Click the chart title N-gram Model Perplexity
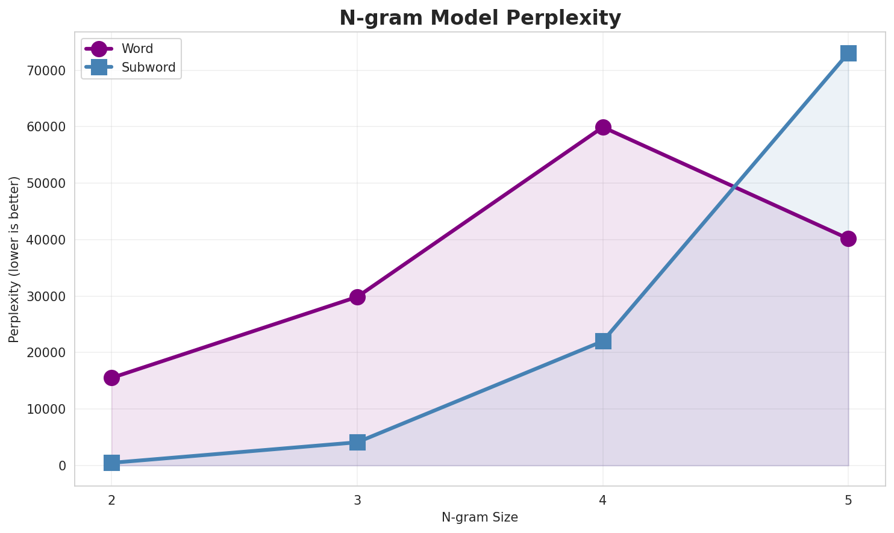(x=480, y=18)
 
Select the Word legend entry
(x=137, y=49)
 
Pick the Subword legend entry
(x=148, y=67)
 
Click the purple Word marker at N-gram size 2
(x=111, y=378)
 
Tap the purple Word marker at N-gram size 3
(x=357, y=297)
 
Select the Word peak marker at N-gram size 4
(x=603, y=127)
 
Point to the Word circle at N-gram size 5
(x=848, y=238)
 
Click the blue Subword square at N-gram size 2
(x=111, y=463)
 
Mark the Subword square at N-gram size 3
(x=357, y=442)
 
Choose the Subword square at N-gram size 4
(x=603, y=341)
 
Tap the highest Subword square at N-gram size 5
(x=848, y=53)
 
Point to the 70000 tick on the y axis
(x=45, y=70)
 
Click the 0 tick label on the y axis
(x=62, y=466)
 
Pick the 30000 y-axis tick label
(x=45, y=296)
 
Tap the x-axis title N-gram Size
(x=480, y=517)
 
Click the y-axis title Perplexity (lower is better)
(x=14, y=259)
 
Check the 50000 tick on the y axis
(x=45, y=183)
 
